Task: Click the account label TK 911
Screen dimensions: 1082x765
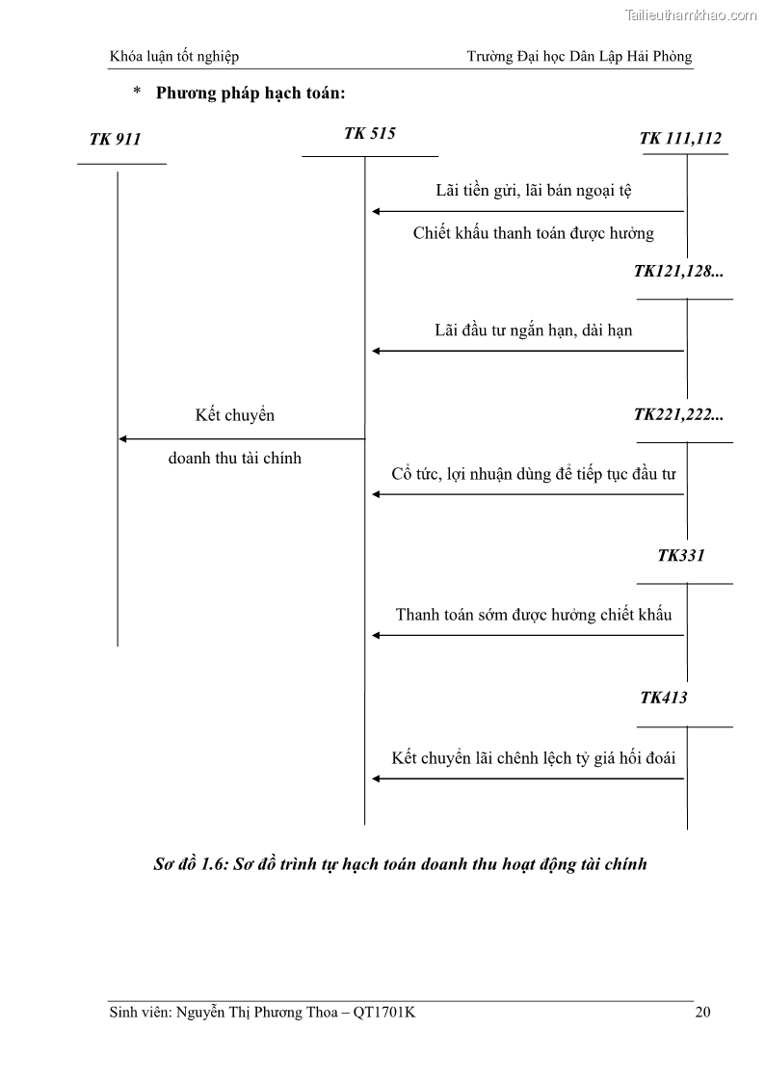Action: coord(116,140)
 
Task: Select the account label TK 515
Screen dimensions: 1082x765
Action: coord(369,134)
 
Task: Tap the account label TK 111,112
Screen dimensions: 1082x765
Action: coord(680,139)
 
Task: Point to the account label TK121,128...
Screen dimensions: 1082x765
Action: coord(678,272)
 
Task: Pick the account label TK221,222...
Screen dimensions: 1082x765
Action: coord(678,415)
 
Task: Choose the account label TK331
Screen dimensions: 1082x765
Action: coord(681,556)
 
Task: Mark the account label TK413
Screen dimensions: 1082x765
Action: coord(664,698)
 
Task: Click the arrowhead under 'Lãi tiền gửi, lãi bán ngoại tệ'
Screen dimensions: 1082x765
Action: coord(377,211)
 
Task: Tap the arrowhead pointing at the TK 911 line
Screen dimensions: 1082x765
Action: coord(123,439)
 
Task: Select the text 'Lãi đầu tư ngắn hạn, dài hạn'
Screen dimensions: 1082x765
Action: coord(533,330)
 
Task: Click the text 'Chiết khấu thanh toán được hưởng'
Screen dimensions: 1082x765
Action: coord(533,233)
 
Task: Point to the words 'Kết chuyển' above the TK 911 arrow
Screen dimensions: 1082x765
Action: coord(235,416)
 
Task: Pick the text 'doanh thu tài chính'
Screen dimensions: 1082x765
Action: coord(234,459)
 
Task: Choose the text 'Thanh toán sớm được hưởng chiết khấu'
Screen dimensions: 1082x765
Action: coord(533,615)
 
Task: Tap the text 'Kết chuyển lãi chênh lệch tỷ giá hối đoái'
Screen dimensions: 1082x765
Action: coord(533,758)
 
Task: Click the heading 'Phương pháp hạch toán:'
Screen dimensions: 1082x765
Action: coord(251,93)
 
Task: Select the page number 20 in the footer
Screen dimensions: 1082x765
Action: coord(702,1013)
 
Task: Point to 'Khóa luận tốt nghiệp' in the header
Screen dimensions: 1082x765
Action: coord(174,57)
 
